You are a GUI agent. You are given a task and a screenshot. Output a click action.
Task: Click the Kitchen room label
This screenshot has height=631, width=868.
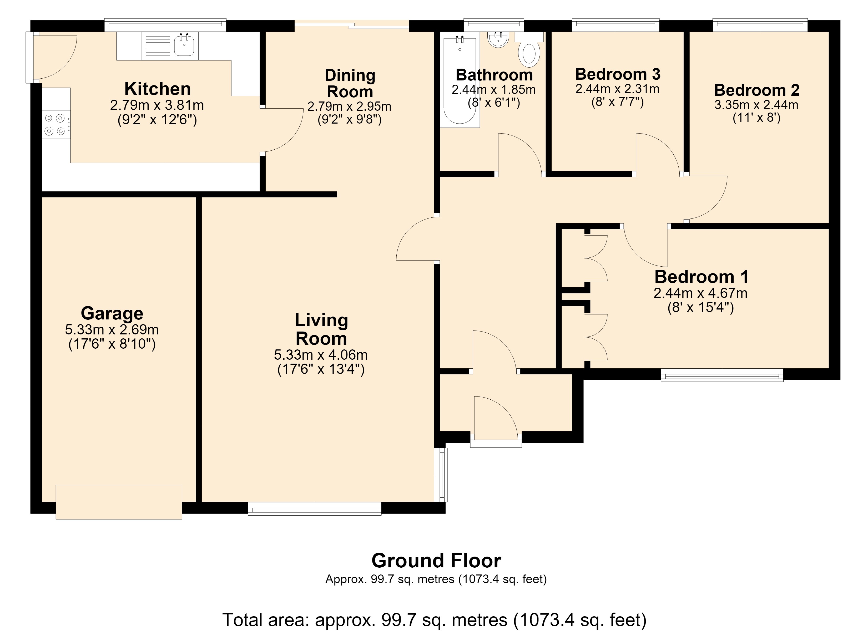pos(157,89)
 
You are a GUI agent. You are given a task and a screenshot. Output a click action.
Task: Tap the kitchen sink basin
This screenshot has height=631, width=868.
pos(184,45)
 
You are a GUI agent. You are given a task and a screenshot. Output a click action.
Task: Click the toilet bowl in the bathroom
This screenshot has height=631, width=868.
pos(529,53)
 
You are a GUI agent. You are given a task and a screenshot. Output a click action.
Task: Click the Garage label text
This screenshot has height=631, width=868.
pos(112,313)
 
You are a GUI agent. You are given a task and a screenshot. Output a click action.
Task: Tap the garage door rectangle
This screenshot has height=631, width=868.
pos(119,502)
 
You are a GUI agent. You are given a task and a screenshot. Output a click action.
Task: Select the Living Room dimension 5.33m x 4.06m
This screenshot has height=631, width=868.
pos(321,355)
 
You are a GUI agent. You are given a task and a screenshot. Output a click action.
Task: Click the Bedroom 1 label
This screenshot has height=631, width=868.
pos(702,276)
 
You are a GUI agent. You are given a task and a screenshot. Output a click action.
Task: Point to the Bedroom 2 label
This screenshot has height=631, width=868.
pos(757,90)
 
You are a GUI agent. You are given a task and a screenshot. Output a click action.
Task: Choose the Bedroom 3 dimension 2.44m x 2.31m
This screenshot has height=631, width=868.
pos(617,89)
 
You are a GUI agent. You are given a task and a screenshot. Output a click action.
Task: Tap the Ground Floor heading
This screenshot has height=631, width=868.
pos(436,561)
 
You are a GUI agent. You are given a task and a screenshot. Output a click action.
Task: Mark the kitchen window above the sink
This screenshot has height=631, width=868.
pos(165,25)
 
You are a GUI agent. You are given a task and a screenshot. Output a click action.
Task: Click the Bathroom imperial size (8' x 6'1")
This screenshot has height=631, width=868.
pos(494,103)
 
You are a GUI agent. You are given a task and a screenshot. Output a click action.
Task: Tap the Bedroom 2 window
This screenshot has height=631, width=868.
pos(760,25)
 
